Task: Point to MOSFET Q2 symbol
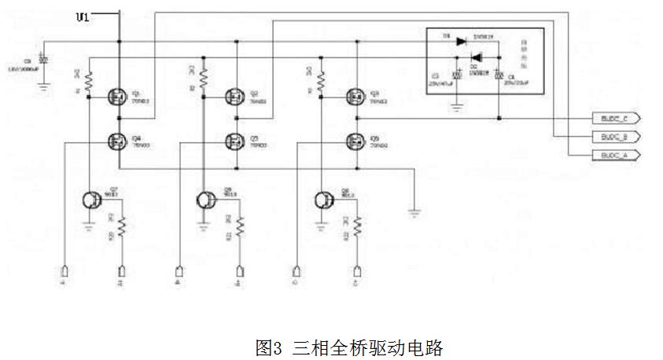coord(234,97)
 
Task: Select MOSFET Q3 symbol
coord(355,97)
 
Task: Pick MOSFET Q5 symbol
coord(234,141)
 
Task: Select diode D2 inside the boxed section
coord(476,57)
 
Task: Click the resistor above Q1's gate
coord(88,79)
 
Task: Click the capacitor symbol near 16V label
coord(44,61)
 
